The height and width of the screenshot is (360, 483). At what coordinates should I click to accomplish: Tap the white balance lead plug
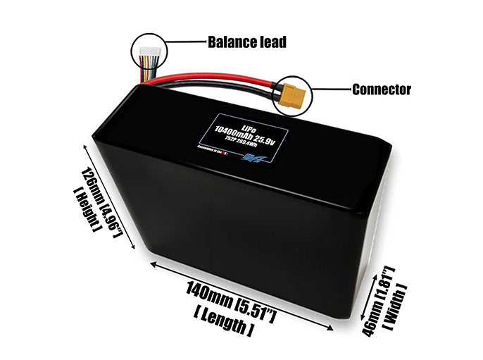pos(149,51)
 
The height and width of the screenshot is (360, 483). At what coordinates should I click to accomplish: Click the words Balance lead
pos(246,42)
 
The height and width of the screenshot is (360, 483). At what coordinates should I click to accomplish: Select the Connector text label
pos(381,89)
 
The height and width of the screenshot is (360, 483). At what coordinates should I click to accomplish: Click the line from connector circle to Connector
pos(330,89)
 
